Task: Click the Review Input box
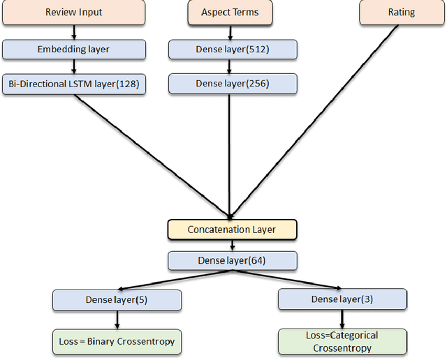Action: (x=73, y=13)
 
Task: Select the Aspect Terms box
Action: (x=230, y=13)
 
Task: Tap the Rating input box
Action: (x=402, y=13)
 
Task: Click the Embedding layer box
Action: (x=73, y=49)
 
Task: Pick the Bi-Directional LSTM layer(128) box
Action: (x=73, y=84)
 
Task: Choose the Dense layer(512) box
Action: (x=233, y=49)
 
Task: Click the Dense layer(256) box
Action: (x=233, y=84)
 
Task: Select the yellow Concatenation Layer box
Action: (x=233, y=230)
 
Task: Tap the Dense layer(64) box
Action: (x=233, y=261)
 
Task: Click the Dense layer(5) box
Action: (x=117, y=300)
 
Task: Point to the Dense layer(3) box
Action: (x=342, y=299)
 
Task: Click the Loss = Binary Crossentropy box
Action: (x=117, y=341)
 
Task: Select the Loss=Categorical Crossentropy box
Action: (x=342, y=341)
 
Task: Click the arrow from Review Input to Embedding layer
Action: (x=73, y=32)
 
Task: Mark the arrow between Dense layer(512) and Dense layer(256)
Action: (x=230, y=66)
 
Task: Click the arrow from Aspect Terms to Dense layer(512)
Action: (x=230, y=32)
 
